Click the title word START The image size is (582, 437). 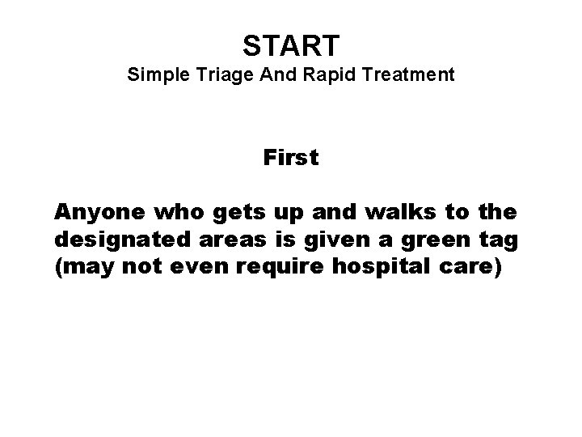[x=291, y=46]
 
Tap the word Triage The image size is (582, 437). [x=213, y=76]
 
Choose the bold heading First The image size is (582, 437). [x=291, y=159]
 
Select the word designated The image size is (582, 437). [x=110, y=241]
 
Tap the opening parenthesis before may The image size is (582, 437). [x=58, y=268]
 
